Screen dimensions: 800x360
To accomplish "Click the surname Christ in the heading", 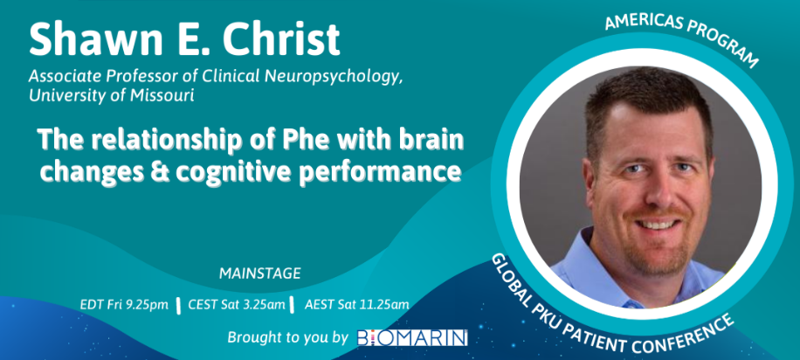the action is point(281,39).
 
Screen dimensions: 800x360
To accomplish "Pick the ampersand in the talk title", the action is point(162,171).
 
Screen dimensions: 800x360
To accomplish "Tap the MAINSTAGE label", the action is point(259,273).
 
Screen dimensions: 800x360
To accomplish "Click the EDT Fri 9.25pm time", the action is point(124,305).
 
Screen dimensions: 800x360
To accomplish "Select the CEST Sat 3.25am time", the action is point(237,305).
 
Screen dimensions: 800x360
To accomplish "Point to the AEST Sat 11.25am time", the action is point(356,305).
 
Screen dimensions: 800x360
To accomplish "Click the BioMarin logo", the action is point(412,337).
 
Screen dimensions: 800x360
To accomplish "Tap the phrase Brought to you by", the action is point(287,337).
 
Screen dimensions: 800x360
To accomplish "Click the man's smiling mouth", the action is point(657,223).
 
